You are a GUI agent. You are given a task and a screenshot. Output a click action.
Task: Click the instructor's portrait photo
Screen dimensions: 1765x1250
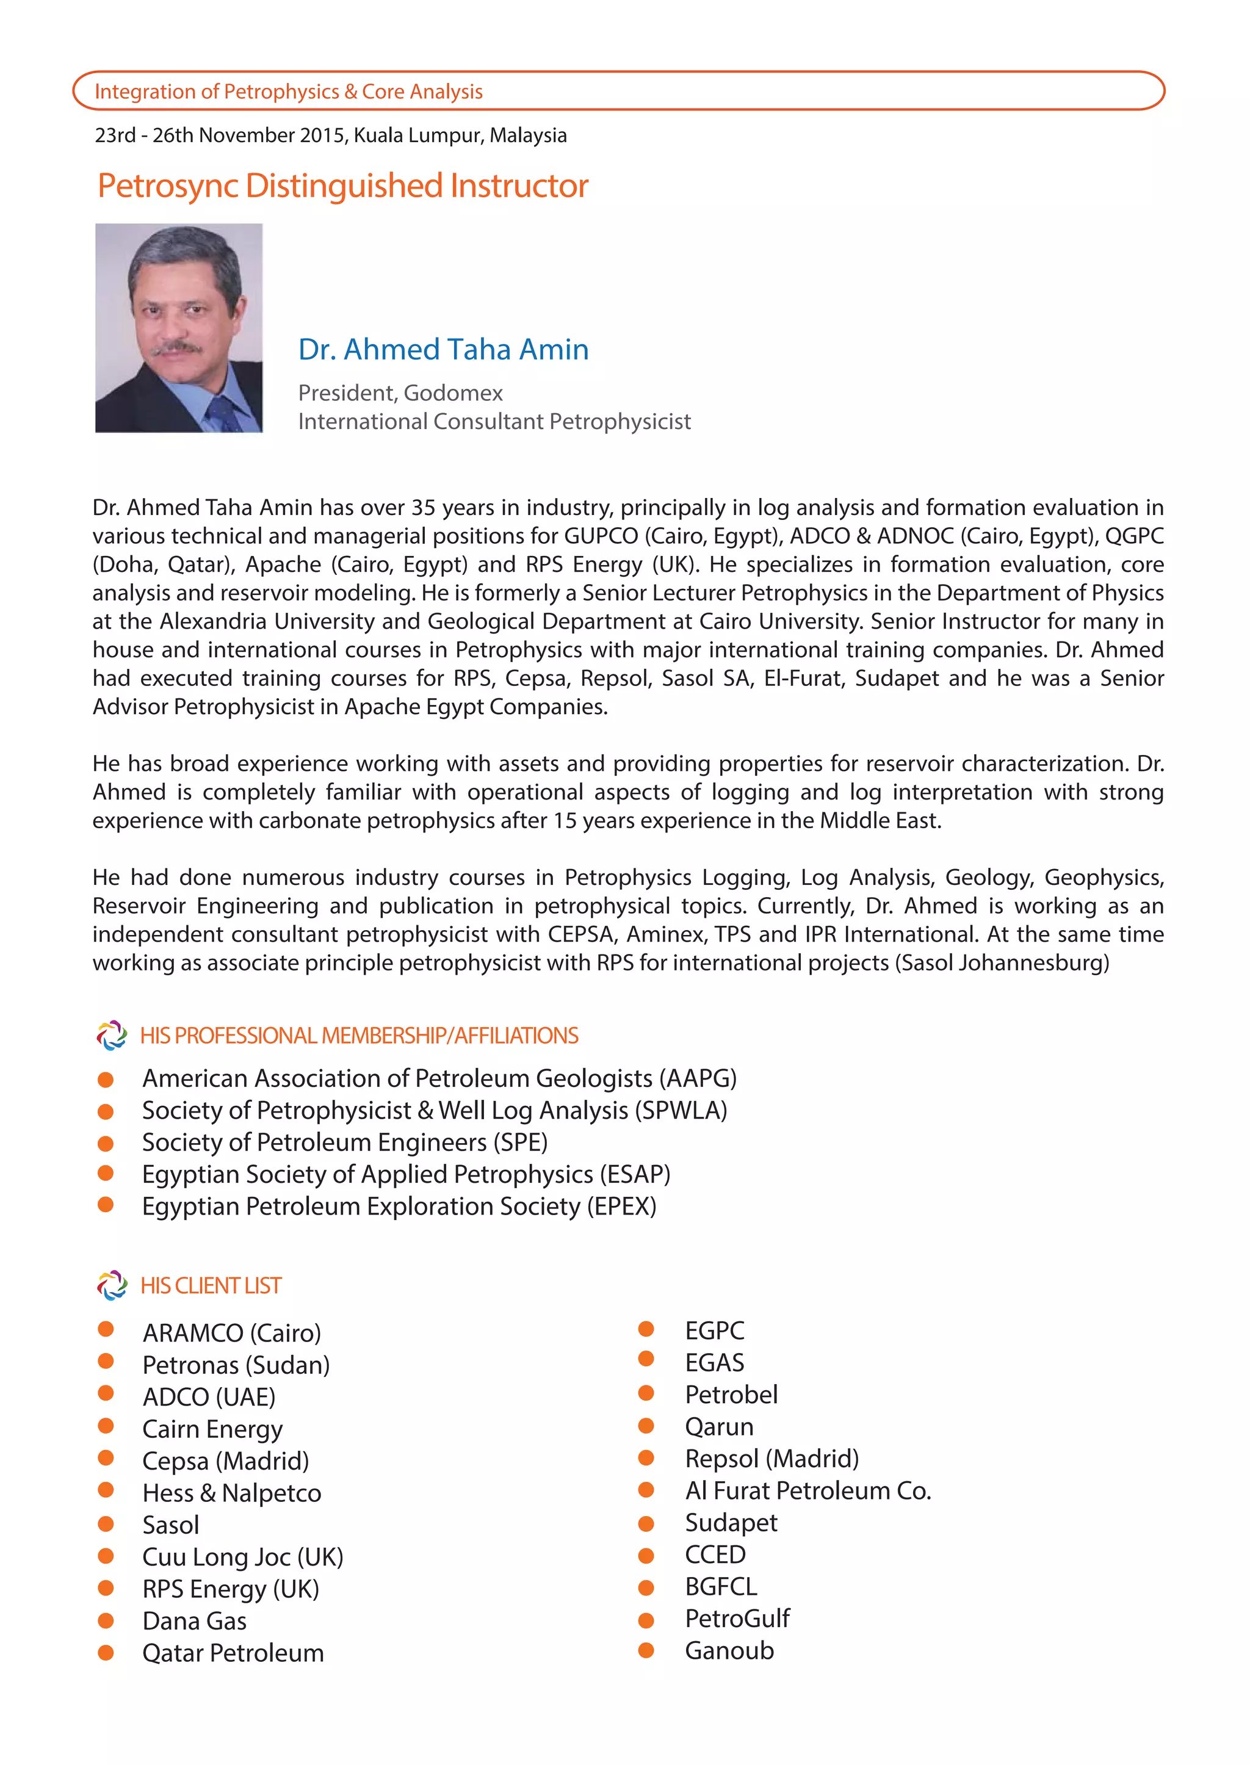click(x=179, y=327)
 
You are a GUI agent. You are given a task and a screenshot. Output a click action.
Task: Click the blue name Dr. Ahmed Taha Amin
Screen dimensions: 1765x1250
click(x=443, y=350)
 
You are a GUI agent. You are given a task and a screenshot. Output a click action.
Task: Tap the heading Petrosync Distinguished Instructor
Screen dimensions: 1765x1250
click(x=342, y=186)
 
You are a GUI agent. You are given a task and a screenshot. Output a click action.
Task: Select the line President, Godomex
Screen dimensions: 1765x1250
click(x=400, y=392)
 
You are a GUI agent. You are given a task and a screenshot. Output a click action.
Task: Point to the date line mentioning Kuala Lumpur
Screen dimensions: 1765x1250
click(x=330, y=135)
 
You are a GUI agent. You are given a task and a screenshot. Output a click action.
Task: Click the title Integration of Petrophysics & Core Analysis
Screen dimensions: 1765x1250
click(x=289, y=92)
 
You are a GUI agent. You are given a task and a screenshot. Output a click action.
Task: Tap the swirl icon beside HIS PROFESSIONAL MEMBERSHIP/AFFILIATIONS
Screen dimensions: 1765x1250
click(x=112, y=1035)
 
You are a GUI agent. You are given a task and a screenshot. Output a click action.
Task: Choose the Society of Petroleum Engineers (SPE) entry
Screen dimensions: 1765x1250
click(x=345, y=1142)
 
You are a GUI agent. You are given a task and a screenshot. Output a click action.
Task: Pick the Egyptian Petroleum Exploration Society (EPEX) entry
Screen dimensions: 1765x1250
click(x=399, y=1206)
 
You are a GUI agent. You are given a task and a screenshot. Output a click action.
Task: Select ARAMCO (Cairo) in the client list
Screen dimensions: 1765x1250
click(x=232, y=1332)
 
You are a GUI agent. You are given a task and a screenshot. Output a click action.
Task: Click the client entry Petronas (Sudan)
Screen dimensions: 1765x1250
click(x=236, y=1365)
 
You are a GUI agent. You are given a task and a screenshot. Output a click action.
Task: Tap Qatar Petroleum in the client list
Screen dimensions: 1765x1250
click(x=233, y=1653)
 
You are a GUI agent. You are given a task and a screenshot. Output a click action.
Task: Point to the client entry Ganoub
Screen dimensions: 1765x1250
click(x=729, y=1650)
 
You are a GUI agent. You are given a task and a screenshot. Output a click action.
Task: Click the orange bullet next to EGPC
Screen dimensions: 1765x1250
click(x=646, y=1329)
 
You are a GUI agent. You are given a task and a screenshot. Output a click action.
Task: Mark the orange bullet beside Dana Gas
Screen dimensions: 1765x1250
click(x=106, y=1620)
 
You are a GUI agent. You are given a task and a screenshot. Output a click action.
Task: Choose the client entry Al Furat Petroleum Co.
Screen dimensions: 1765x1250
click(x=807, y=1490)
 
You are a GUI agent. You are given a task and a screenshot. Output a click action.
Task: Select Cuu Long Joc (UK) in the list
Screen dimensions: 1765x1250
click(x=242, y=1556)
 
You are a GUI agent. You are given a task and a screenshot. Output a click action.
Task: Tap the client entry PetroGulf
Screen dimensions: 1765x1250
click(x=737, y=1618)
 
